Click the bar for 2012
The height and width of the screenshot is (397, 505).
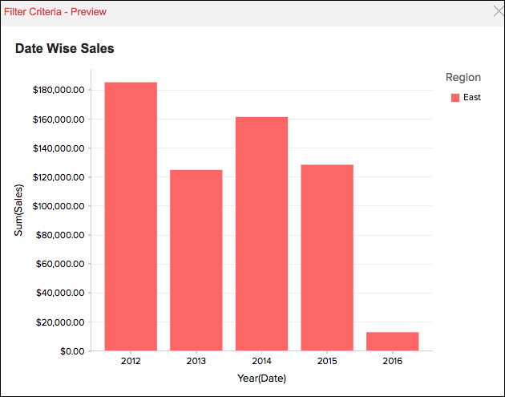point(131,217)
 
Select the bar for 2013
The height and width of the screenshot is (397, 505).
point(196,260)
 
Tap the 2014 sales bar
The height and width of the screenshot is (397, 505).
point(261,233)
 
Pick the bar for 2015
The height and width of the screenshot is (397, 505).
point(327,257)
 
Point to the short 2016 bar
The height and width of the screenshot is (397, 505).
point(393,341)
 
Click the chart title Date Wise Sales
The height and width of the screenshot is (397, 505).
point(65,48)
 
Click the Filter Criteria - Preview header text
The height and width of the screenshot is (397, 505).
point(55,12)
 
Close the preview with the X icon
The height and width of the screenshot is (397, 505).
point(497,12)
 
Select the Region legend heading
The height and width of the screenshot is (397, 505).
point(463,78)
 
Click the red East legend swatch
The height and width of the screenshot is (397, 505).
point(455,98)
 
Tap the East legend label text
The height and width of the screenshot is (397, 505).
point(472,98)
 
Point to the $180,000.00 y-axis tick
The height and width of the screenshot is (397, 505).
point(59,90)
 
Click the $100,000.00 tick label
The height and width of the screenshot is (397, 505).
point(59,206)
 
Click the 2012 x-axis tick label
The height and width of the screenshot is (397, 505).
point(131,362)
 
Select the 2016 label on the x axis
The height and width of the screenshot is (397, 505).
point(393,362)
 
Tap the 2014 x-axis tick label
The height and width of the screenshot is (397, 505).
point(261,362)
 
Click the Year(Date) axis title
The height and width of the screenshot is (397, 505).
point(261,379)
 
